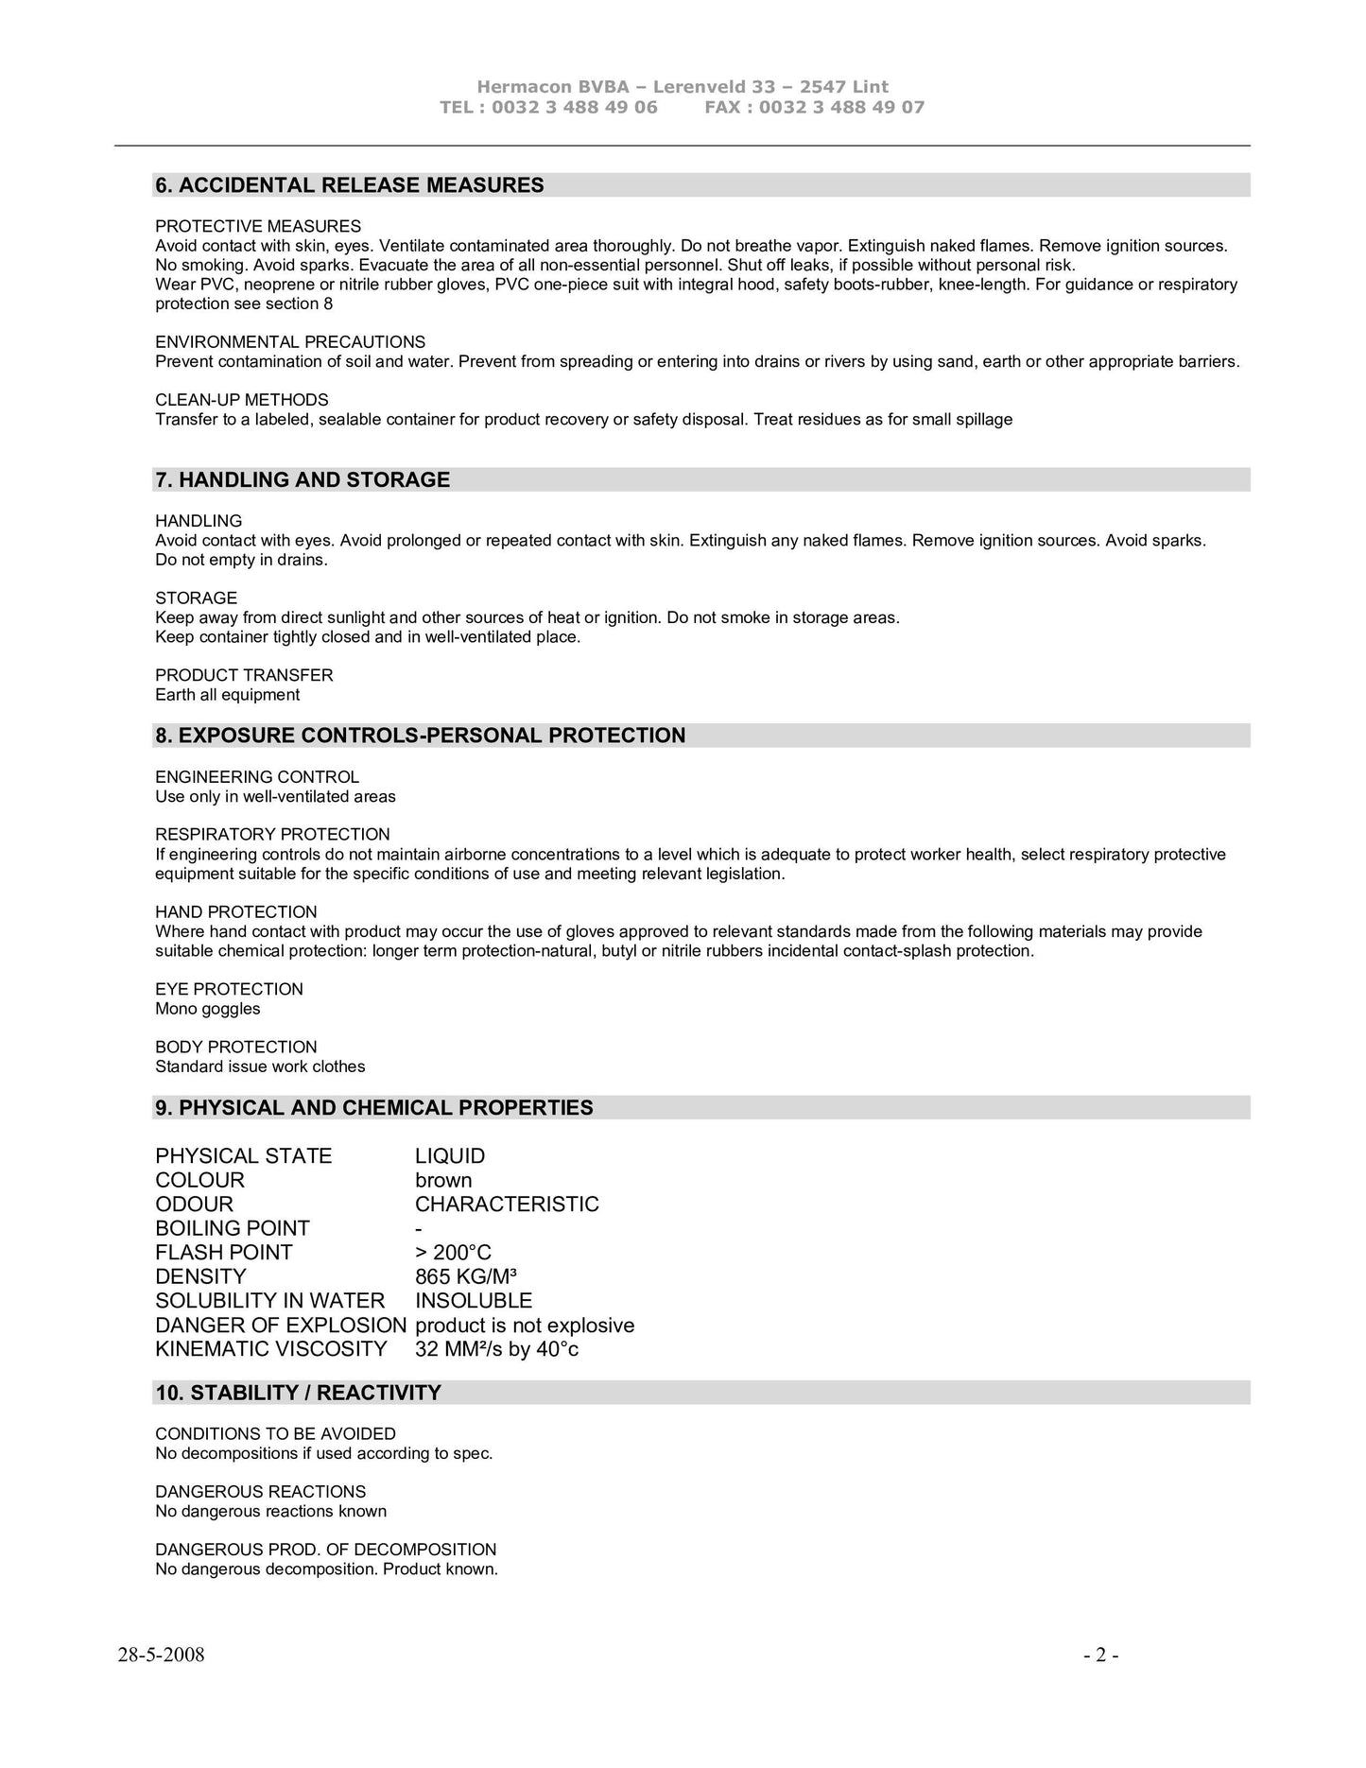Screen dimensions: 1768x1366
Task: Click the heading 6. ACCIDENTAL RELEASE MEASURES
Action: [x=350, y=185]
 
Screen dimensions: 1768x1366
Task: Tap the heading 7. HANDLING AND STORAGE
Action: [x=303, y=480]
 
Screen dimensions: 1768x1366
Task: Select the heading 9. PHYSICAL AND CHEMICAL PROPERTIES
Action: [x=374, y=1108]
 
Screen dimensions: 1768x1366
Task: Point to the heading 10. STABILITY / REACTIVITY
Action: [x=298, y=1393]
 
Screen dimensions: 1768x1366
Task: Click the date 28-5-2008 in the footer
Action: [x=162, y=1655]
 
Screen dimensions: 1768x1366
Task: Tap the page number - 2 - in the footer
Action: [x=1101, y=1655]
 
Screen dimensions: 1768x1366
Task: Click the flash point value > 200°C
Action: [x=453, y=1253]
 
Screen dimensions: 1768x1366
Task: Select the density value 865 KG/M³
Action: [x=465, y=1276]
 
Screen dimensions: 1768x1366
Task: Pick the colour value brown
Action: [x=443, y=1180]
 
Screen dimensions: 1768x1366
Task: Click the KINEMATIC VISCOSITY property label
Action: [x=271, y=1349]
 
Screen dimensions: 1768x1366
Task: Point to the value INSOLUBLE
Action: [x=474, y=1301]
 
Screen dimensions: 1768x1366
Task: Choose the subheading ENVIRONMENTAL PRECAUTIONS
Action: [x=290, y=342]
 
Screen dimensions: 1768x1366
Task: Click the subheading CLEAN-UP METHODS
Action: [x=242, y=400]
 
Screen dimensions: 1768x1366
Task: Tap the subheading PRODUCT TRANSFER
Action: [x=244, y=675]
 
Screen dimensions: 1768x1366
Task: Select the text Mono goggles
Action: [x=208, y=1009]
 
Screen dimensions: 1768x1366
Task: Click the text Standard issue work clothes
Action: [x=260, y=1066]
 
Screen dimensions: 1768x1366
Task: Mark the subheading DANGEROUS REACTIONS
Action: [x=261, y=1492]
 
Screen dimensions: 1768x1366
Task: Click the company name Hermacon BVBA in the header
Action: [x=553, y=87]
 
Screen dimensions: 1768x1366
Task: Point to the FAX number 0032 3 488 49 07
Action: [x=841, y=107]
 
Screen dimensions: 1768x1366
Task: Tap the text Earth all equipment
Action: [x=227, y=695]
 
